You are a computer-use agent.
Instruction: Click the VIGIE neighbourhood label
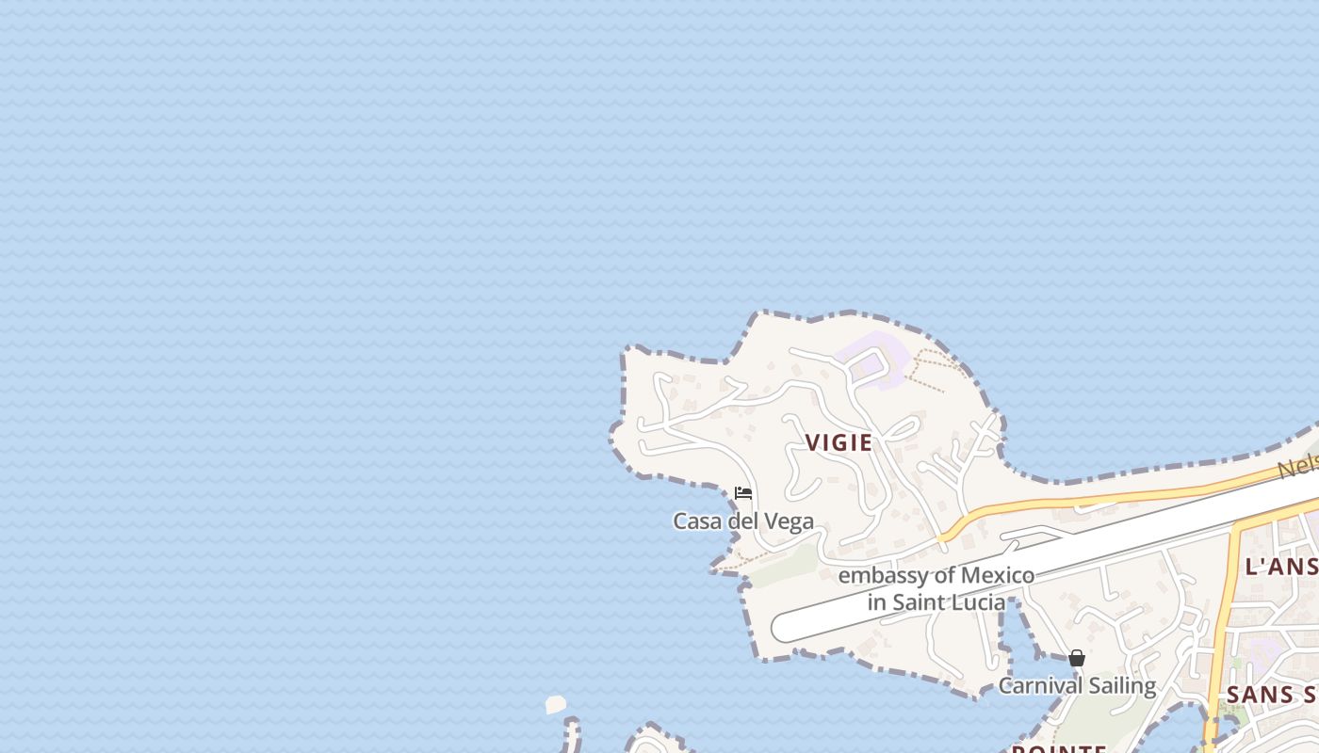[839, 442]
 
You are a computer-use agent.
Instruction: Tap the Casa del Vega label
[742, 521]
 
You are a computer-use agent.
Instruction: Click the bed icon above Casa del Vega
[743, 493]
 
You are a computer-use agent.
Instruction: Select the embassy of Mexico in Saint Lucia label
[936, 588]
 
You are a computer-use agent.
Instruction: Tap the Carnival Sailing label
[1076, 685]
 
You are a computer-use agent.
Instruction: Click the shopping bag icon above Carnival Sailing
[1077, 658]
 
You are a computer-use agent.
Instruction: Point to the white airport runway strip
[1036, 555]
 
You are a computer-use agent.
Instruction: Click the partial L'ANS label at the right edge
[1281, 566]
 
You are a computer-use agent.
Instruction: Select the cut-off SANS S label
[1272, 695]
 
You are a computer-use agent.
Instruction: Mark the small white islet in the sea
[556, 704]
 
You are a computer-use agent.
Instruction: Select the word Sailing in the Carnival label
[1121, 685]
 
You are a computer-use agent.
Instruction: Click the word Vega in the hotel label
[791, 521]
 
